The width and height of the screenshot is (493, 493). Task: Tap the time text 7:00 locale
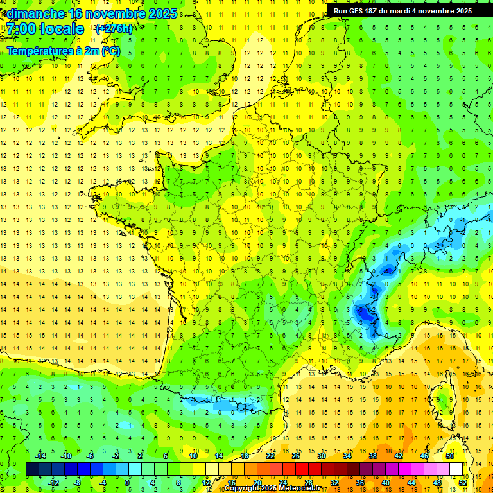45,29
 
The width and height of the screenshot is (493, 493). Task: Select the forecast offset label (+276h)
114,29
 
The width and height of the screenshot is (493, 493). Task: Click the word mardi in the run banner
409,11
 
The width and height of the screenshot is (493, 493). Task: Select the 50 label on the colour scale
449,456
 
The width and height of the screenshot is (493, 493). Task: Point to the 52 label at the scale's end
463,482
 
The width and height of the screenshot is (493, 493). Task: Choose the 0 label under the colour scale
127,482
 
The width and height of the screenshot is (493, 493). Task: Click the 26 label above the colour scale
296,456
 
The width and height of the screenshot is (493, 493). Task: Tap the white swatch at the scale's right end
456,469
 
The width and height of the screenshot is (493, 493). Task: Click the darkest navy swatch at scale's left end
31,469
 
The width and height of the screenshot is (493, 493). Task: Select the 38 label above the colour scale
372,456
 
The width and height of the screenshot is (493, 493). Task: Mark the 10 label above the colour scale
193,456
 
